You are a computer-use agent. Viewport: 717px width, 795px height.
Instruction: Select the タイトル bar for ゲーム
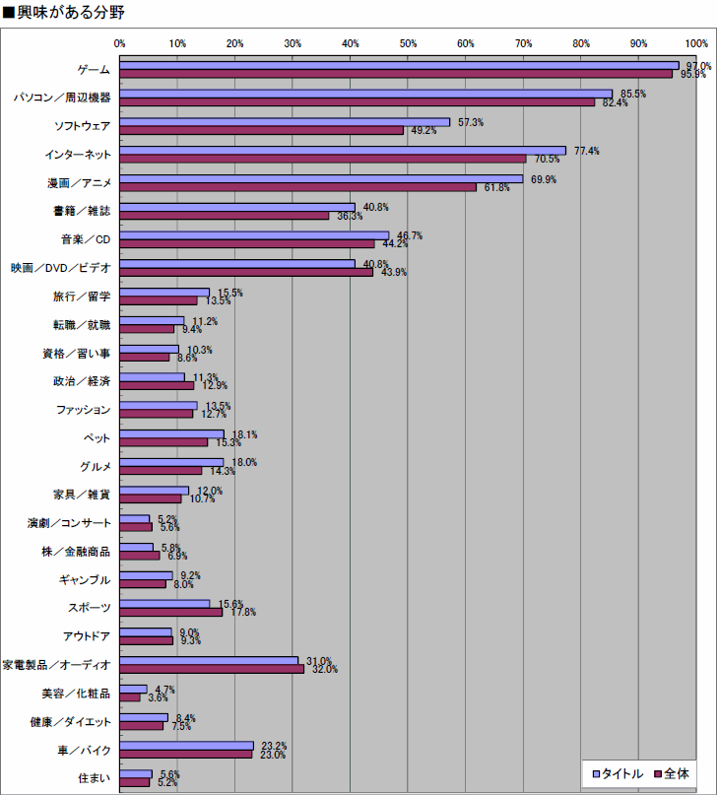(399, 65)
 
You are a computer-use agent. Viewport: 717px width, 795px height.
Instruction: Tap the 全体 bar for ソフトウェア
(261, 130)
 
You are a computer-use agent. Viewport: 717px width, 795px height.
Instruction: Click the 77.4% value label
(587, 151)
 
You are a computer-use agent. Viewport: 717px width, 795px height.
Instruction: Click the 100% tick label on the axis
(696, 43)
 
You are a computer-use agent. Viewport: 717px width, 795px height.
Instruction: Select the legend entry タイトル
(619, 773)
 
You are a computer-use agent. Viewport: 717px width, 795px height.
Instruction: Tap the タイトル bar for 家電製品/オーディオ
(209, 660)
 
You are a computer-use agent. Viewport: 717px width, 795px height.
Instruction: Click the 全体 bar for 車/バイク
(186, 755)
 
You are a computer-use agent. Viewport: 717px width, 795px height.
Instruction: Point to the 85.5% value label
(633, 94)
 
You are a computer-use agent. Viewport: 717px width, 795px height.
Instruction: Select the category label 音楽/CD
(86, 239)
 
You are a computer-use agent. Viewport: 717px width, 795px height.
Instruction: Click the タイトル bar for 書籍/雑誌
(237, 207)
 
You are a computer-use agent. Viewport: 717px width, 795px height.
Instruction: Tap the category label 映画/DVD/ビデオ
(61, 268)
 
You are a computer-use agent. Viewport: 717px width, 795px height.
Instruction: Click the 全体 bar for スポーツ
(171, 612)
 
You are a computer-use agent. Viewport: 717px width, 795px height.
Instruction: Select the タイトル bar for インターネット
(343, 151)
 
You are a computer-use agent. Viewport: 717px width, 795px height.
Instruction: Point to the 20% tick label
(235, 43)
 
